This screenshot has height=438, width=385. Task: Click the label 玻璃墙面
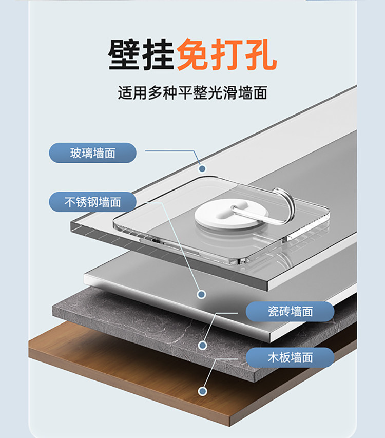coord(93,153)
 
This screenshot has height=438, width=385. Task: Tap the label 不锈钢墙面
coord(93,202)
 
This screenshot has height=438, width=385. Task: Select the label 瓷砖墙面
coord(290,311)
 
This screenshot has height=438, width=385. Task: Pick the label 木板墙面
coord(290,357)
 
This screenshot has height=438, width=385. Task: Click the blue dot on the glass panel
coord(202,168)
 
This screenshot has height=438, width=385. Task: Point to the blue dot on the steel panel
coord(202,294)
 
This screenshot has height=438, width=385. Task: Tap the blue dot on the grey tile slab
coord(202,346)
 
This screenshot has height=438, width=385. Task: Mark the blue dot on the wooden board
coord(202,391)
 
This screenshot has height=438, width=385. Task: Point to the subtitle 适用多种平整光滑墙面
coord(192,93)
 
